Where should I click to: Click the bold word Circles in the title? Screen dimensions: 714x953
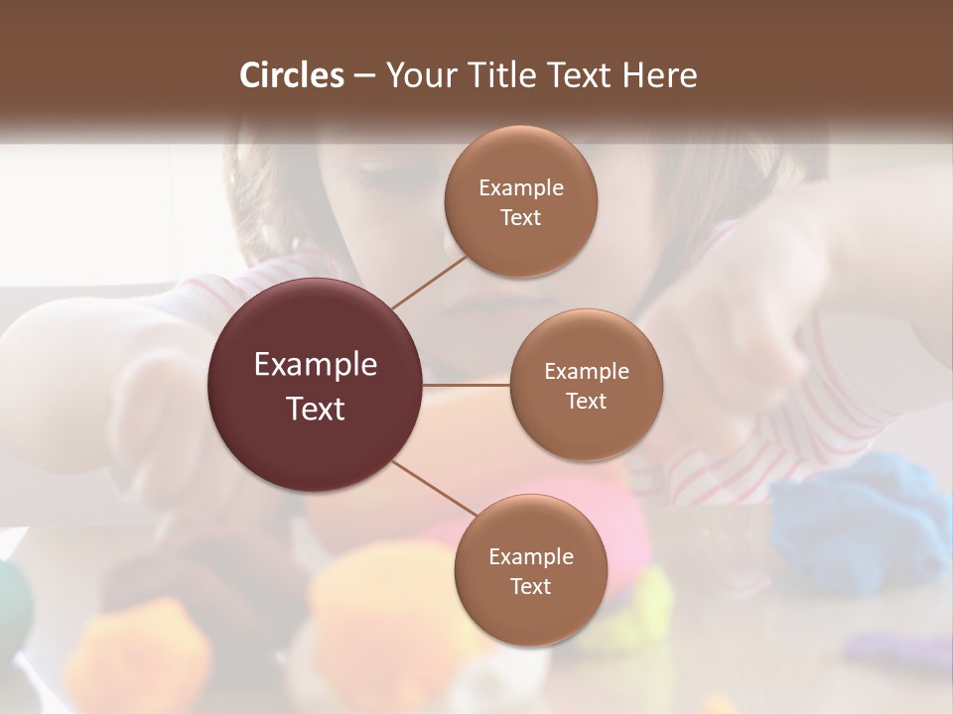click(x=291, y=75)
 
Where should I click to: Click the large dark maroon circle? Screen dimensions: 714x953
click(x=316, y=385)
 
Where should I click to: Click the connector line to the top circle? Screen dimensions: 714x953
click(x=429, y=282)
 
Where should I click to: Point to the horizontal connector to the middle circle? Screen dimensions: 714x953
click(x=467, y=384)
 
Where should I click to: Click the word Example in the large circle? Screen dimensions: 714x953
click(x=316, y=365)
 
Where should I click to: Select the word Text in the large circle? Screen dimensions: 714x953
click(x=316, y=409)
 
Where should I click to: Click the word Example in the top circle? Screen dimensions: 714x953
click(x=521, y=188)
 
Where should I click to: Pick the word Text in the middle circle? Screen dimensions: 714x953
click(x=587, y=402)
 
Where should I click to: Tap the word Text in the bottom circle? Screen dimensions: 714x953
click(x=530, y=586)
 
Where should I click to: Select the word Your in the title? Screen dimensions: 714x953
click(x=417, y=75)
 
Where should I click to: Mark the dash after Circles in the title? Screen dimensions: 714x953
click(x=363, y=76)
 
